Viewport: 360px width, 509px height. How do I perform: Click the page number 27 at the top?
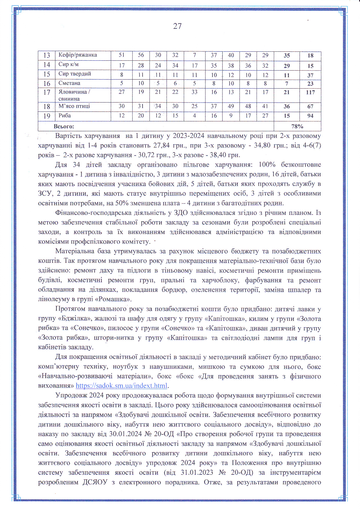tap(177, 26)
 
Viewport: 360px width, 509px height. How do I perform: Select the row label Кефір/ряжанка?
tap(78, 55)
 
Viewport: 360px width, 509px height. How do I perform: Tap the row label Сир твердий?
tap(75, 74)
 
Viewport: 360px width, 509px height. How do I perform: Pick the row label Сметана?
tap(69, 83)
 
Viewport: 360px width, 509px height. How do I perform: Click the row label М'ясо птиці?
tap(74, 106)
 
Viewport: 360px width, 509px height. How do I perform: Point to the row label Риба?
tap(64, 116)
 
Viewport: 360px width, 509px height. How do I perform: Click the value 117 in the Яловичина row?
tap(310, 92)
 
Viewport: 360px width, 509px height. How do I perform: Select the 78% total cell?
tap(297, 126)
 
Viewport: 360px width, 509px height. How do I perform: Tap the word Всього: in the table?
tap(64, 126)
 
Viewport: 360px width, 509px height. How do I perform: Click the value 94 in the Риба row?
tap(310, 116)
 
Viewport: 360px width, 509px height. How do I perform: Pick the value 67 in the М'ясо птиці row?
tap(310, 107)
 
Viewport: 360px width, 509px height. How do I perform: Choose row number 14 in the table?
tap(47, 65)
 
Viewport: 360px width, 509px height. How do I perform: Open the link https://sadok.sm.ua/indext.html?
tap(122, 386)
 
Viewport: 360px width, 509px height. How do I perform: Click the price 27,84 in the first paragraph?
tap(161, 145)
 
